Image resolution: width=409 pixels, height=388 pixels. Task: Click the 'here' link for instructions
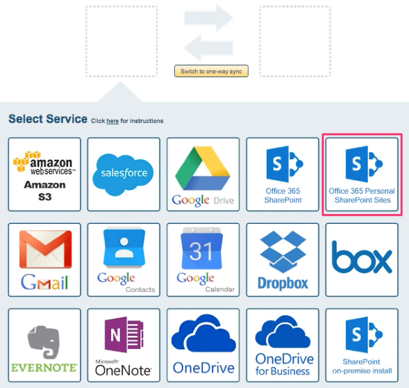pyautogui.click(x=112, y=121)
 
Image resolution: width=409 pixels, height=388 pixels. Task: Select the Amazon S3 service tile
pyautogui.click(x=44, y=174)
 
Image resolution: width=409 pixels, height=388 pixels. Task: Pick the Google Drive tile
pyautogui.click(x=203, y=174)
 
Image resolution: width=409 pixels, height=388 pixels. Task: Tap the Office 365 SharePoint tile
pyautogui.click(x=282, y=174)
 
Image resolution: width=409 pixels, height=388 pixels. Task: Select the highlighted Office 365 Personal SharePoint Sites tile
pyautogui.click(x=362, y=174)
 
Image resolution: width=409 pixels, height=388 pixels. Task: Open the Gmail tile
pyautogui.click(x=44, y=259)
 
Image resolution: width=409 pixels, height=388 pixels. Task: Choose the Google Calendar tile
pyautogui.click(x=203, y=259)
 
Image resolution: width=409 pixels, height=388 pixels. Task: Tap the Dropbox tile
pyautogui.click(x=282, y=259)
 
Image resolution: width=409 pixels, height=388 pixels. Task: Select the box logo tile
pyautogui.click(x=362, y=258)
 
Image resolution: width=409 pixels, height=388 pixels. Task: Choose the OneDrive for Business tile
pyautogui.click(x=282, y=345)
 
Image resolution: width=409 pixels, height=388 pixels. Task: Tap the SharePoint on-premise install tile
pyautogui.click(x=362, y=345)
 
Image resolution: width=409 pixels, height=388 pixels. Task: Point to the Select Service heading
pyautogui.click(x=48, y=119)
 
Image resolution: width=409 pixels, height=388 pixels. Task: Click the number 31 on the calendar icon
pyautogui.click(x=201, y=250)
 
